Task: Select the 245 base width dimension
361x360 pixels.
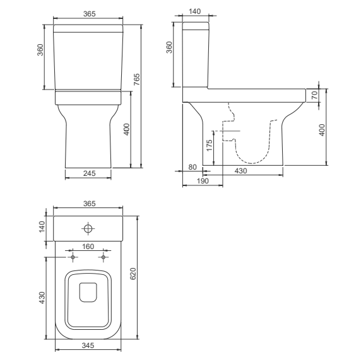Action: click(x=88, y=173)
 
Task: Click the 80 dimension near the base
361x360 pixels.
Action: click(x=193, y=167)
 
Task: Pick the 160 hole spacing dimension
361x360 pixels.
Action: click(x=88, y=247)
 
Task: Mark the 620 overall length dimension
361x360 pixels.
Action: click(x=133, y=274)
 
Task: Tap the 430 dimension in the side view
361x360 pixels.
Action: click(x=240, y=171)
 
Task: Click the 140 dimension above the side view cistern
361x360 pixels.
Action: click(x=196, y=13)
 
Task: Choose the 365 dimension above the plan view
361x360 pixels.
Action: click(x=88, y=204)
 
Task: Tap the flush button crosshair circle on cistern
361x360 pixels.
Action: click(x=88, y=228)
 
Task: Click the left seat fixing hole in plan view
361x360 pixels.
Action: click(x=74, y=258)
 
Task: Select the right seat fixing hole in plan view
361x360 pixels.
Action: click(x=103, y=258)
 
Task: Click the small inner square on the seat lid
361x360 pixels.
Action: click(x=88, y=292)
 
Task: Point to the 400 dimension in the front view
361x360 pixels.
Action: click(x=126, y=129)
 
